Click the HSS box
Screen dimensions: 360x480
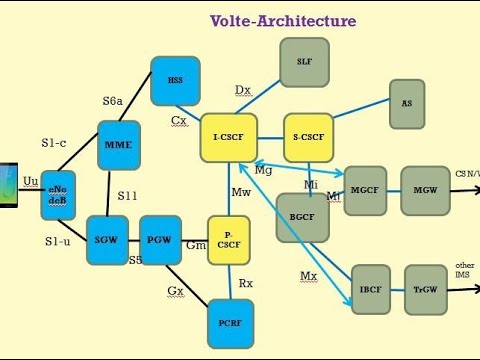tap(175, 81)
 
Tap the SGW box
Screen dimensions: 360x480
tap(106, 240)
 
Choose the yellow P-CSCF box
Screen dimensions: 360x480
tap(229, 240)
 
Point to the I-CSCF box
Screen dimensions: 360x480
tap(229, 138)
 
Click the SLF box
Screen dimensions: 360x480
tap(304, 62)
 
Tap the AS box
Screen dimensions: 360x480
tap(406, 103)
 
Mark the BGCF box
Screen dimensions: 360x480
tap(302, 218)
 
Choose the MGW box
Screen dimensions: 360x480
tap(425, 190)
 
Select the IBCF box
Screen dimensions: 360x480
tap(370, 289)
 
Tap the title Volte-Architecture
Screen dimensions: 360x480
tap(282, 20)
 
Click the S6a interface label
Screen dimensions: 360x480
tap(113, 101)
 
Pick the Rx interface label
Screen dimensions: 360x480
tap(245, 283)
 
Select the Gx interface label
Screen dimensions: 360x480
tap(176, 291)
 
